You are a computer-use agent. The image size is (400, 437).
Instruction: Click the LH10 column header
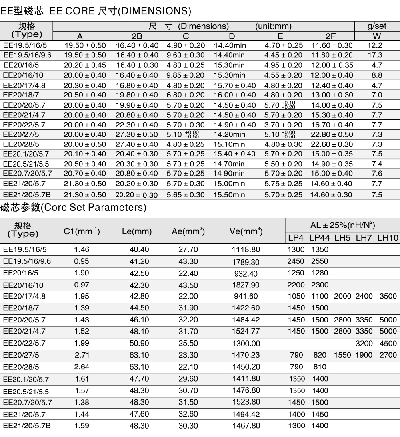pyautogui.click(x=388, y=238)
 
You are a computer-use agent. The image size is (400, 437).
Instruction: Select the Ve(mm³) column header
pyautogui.click(x=246, y=231)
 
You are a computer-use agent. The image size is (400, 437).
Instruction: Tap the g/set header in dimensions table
pyautogui.click(x=377, y=26)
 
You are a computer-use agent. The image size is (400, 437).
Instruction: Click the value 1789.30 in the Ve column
pyautogui.click(x=246, y=262)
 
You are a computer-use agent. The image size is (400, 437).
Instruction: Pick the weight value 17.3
pyautogui.click(x=377, y=55)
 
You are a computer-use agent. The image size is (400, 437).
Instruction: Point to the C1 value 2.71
pyautogui.click(x=82, y=355)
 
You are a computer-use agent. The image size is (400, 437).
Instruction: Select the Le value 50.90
pyautogui.click(x=139, y=343)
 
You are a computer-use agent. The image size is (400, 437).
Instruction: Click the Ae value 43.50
pyautogui.click(x=188, y=285)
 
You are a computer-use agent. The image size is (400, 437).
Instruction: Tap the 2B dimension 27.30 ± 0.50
pyautogui.click(x=137, y=134)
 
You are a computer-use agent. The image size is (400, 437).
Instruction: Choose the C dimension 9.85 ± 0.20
pyautogui.click(x=186, y=75)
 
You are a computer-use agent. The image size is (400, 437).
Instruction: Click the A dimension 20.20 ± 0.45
pyautogui.click(x=85, y=65)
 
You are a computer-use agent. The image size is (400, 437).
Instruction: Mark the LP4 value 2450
pyautogui.click(x=296, y=261)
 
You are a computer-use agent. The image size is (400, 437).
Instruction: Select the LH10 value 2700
pyautogui.click(x=388, y=355)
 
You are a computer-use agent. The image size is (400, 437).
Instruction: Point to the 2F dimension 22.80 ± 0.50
pyautogui.click(x=332, y=134)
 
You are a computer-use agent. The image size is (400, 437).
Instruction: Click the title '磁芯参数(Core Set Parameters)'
pyautogui.click(x=73, y=208)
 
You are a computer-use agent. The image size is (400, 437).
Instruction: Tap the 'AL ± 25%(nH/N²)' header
pyautogui.click(x=342, y=225)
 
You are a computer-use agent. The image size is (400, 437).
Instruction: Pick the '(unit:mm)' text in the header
pyautogui.click(x=273, y=26)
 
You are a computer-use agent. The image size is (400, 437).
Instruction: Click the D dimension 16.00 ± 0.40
pyautogui.click(x=234, y=95)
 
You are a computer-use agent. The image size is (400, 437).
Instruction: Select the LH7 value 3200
pyautogui.click(x=364, y=343)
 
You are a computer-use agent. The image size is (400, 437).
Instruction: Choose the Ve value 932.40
pyautogui.click(x=246, y=273)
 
